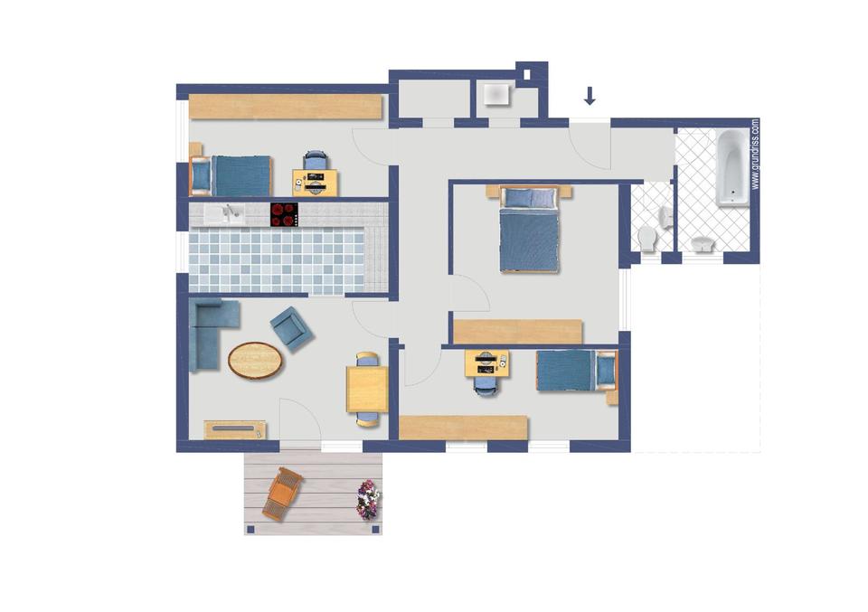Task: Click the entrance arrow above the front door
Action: tap(590, 96)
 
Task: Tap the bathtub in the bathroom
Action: tap(732, 168)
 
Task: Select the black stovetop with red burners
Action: tap(285, 215)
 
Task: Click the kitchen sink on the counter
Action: tap(225, 214)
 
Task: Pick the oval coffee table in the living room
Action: tap(255, 360)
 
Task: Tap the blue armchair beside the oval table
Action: tap(292, 329)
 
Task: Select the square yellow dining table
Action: tap(367, 390)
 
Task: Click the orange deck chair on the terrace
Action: tap(282, 494)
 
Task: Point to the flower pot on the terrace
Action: tap(368, 500)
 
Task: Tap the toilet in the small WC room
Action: tap(646, 239)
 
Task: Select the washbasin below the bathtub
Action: tap(702, 244)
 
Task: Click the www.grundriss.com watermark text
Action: tap(756, 155)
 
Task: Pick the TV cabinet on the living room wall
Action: tap(235, 430)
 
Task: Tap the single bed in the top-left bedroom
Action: tap(231, 175)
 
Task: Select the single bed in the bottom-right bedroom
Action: tap(577, 371)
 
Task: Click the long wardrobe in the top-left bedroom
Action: tap(286, 107)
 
